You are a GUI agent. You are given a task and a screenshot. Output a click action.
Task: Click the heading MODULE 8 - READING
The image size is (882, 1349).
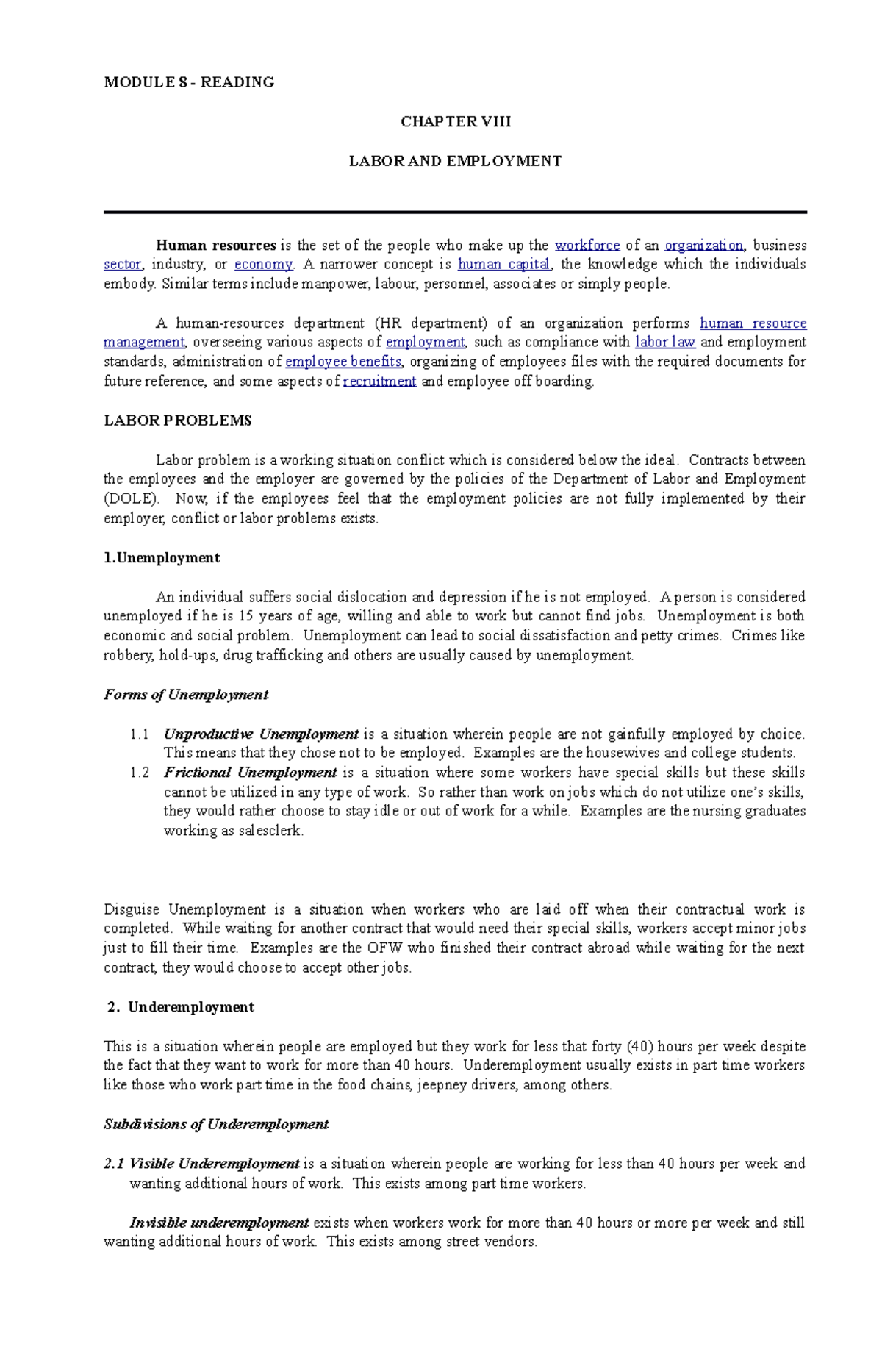click(x=189, y=82)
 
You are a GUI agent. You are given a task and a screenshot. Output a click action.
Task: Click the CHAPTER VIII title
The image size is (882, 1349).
click(x=455, y=122)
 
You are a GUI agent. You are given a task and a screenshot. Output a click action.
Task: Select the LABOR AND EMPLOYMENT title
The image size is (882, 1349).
click(x=455, y=161)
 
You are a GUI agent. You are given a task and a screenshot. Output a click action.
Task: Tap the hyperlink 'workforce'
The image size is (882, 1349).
click(x=587, y=246)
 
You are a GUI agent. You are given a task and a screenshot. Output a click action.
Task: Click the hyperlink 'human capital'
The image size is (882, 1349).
click(x=503, y=265)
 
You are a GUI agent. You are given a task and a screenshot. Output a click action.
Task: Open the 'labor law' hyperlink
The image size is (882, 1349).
click(x=664, y=343)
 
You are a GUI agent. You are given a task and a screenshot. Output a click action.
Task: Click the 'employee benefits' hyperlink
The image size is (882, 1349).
click(x=343, y=362)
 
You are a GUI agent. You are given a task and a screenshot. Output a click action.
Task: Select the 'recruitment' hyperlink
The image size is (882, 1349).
click(x=379, y=382)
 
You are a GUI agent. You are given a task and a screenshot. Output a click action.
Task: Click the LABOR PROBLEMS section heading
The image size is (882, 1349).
click(x=178, y=421)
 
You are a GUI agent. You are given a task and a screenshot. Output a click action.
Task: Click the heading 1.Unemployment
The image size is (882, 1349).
click(x=162, y=558)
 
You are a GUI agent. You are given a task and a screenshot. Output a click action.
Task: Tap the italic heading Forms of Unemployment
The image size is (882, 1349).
click(x=186, y=695)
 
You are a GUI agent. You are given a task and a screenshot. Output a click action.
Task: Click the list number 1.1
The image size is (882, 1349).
click(x=140, y=734)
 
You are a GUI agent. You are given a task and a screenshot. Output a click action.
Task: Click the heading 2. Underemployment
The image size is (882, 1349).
click(x=181, y=1007)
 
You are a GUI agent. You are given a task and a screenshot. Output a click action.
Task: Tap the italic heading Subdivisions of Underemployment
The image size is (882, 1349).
click(x=216, y=1125)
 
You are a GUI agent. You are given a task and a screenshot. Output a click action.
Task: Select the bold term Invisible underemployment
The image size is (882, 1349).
click(x=219, y=1223)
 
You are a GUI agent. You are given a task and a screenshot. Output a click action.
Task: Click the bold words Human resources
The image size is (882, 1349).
click(x=215, y=246)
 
